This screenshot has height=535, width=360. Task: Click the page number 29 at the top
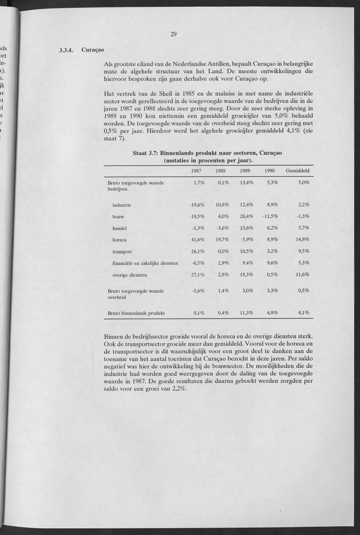[174, 34]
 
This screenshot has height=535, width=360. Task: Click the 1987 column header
[197, 171]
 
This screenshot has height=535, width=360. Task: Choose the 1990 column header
[270, 171]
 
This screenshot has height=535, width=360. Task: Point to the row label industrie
[122, 204]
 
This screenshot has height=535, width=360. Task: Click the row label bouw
[119, 216]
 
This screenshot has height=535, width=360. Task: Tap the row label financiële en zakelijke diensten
[145, 263]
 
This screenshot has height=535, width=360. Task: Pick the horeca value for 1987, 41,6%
[197, 240]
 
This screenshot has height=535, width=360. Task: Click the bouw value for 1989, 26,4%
[246, 216]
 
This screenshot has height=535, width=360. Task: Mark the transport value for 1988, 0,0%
[222, 251]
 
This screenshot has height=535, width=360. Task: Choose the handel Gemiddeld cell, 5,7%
[303, 228]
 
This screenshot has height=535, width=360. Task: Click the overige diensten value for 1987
[197, 275]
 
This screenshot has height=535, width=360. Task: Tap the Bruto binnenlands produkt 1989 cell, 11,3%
[246, 313]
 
